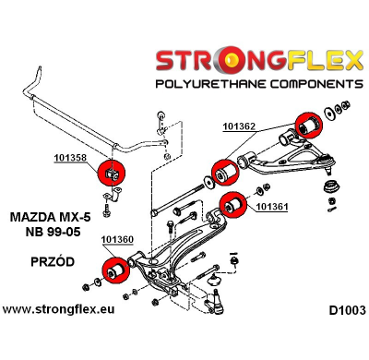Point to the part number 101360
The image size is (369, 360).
click(x=117, y=241)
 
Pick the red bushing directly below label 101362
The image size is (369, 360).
click(x=224, y=171)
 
